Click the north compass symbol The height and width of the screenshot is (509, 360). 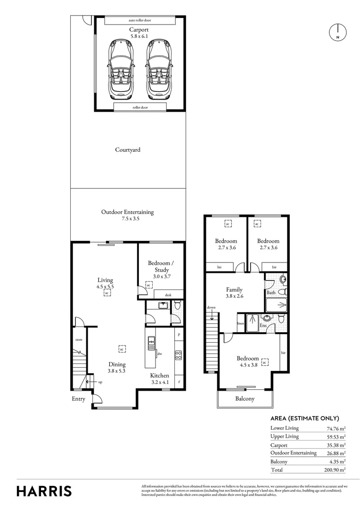point(337,32)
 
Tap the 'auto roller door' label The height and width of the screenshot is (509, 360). point(140,21)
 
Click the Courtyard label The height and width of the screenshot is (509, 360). point(128,150)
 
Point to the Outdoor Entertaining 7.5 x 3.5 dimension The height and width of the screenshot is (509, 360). point(128,219)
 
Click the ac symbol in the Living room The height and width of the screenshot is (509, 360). point(107,293)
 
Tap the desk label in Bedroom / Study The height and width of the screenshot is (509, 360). point(168,295)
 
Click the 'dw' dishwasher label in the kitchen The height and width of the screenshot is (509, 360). point(160,353)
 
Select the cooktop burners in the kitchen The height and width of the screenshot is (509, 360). point(178,354)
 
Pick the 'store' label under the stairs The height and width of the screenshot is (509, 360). point(79,339)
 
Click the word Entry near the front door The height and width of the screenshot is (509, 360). point(79,399)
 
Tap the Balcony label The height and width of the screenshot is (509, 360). point(245,399)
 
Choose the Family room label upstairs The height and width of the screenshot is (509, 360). point(234,290)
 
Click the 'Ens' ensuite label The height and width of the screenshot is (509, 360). point(263,325)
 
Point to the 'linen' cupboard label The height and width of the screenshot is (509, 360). point(240,323)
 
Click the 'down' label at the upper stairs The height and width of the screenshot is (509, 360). point(211,307)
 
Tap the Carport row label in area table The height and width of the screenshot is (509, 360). point(279,445)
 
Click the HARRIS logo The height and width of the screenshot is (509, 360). point(44,491)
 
